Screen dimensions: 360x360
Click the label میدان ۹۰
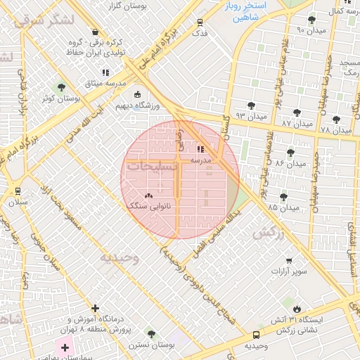pyautogui.click(x=310, y=30)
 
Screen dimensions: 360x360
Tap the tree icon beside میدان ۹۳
pyautogui.click(x=251, y=105)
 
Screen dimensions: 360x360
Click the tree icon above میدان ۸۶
pyautogui.click(x=290, y=152)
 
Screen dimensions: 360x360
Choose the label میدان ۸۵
pyautogui.click(x=283, y=207)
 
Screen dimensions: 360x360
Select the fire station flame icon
pyautogui.click(x=297, y=309)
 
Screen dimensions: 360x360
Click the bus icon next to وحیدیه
pyautogui.click(x=255, y=335)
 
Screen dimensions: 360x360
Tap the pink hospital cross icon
pyautogui.click(x=65, y=347)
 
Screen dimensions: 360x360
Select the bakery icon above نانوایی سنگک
pyautogui.click(x=148, y=195)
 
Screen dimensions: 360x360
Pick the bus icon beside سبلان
pyautogui.click(x=18, y=191)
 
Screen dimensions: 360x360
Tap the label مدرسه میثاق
pyautogui.click(x=106, y=83)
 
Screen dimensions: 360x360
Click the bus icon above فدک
pyautogui.click(x=200, y=22)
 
